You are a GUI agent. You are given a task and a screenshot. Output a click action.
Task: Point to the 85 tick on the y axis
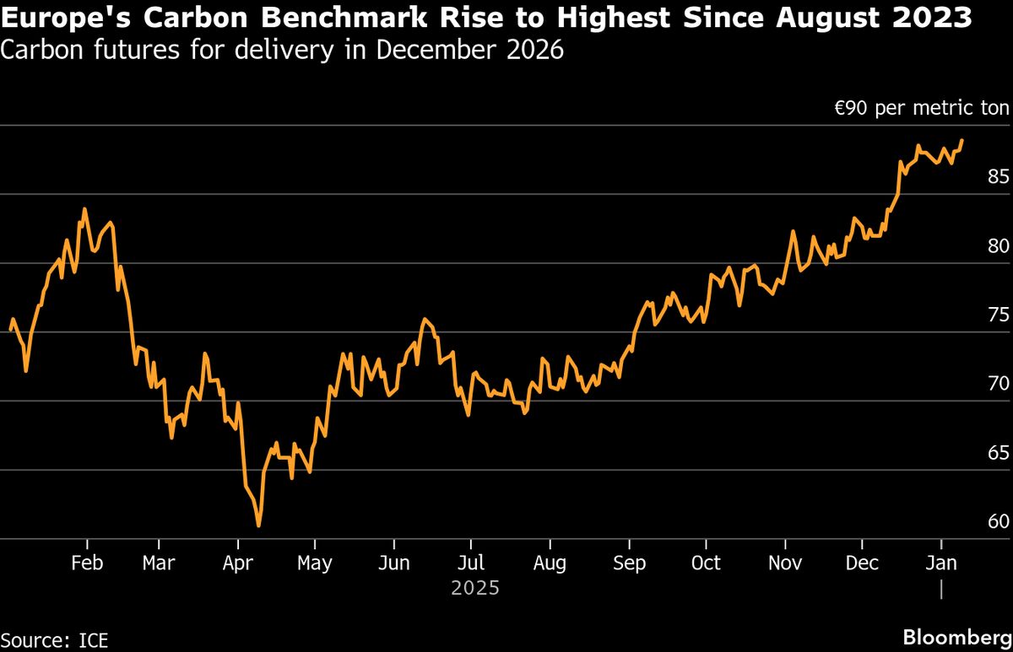[998, 177]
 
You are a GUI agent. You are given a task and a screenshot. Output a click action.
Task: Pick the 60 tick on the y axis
[998, 521]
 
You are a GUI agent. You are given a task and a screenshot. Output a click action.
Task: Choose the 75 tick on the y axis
[998, 315]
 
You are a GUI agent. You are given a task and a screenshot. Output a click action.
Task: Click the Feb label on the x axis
[88, 563]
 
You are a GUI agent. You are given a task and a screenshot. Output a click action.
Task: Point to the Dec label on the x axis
[862, 563]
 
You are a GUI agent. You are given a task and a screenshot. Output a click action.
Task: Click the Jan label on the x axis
[940, 563]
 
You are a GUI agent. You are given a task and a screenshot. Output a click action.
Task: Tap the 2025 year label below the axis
[474, 587]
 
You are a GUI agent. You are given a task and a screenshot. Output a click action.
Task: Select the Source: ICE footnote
[55, 639]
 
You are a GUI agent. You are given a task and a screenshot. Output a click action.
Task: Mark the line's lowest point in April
[258, 526]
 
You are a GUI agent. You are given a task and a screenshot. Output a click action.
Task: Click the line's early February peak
[84, 209]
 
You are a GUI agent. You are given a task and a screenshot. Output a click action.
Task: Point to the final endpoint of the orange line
[962, 141]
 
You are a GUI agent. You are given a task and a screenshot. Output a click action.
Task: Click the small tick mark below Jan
[940, 589]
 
